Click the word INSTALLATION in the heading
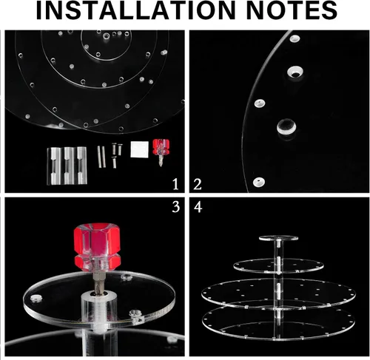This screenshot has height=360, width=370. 136,10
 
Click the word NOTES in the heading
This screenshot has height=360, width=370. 292,10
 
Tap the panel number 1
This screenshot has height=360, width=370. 175,184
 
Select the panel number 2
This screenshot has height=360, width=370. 197,184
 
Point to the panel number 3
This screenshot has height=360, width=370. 175,207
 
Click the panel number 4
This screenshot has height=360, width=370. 198,207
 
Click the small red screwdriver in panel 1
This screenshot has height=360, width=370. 161,152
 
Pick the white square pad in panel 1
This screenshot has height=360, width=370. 139,149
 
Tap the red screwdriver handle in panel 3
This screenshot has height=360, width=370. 97,247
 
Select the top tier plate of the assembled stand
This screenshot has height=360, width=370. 278,238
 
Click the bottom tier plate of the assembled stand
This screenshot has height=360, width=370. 278,322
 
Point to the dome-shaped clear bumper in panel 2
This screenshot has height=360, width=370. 286,127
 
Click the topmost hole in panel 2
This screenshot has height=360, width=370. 295,38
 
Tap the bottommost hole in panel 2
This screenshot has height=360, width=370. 259,182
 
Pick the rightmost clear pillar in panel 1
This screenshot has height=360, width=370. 81,166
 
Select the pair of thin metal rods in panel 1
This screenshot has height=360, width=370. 101,157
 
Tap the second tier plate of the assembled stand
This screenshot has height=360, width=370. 278,265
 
